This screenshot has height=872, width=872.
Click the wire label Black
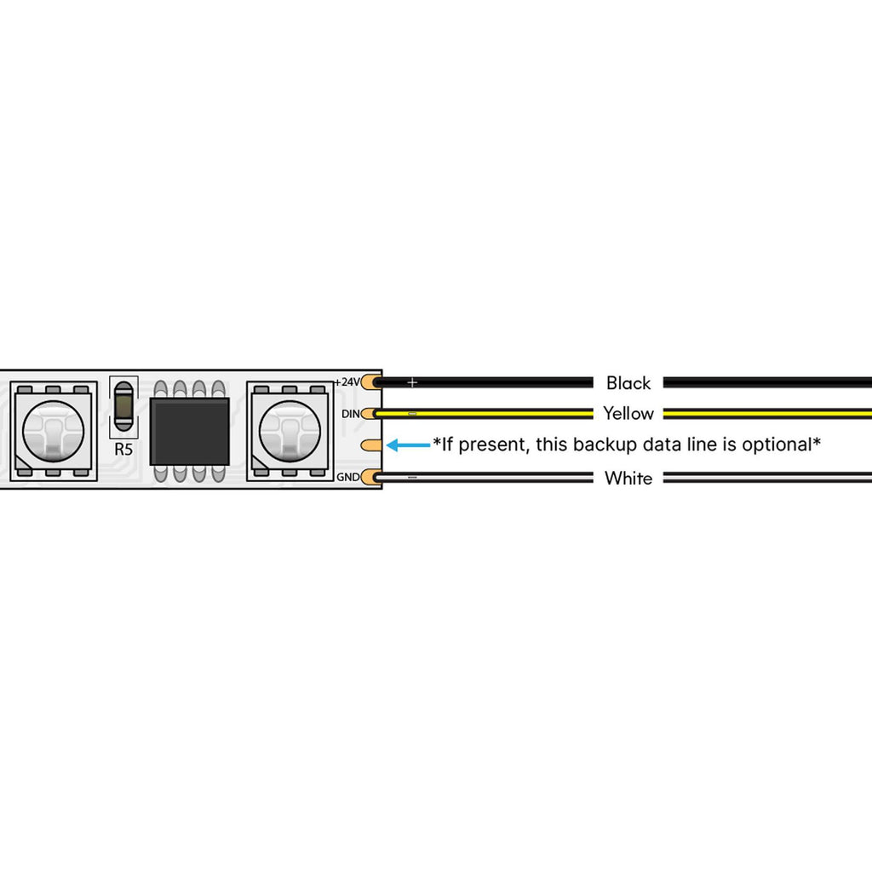click(628, 382)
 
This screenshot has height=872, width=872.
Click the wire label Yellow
click(628, 413)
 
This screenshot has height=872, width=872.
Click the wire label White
click(628, 478)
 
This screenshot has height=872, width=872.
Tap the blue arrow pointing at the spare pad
click(408, 445)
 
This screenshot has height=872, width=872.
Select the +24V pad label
click(347, 382)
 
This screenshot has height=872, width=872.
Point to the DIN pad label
click(350, 414)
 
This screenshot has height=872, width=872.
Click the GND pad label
click(347, 477)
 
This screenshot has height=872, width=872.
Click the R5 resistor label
click(123, 450)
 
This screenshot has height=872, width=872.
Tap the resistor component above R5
click(123, 406)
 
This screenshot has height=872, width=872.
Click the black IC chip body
click(190, 432)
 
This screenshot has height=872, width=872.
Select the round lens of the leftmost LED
click(53, 430)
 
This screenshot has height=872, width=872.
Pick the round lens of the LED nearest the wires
click(290, 430)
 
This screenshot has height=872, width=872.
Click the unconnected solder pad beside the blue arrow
click(371, 445)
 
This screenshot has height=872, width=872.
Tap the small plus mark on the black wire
click(412, 382)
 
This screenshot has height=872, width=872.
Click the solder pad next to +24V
click(371, 382)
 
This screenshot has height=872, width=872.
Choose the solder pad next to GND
click(371, 477)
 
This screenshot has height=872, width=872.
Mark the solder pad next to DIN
click(371, 414)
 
